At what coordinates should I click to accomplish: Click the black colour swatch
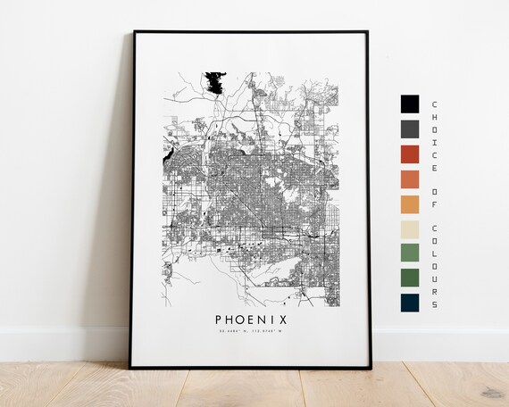tap(410, 104)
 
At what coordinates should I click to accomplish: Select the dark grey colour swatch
tap(410, 129)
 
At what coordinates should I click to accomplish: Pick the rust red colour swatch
tap(410, 154)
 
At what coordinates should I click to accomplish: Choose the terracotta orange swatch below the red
tap(410, 179)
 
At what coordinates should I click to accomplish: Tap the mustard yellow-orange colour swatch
tap(410, 203)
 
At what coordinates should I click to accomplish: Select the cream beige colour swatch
tap(410, 228)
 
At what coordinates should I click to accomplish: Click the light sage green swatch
tap(410, 253)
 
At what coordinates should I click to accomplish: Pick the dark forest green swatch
tap(410, 278)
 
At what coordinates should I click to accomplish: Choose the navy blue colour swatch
tap(410, 303)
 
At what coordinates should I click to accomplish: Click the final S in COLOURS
tap(435, 305)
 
